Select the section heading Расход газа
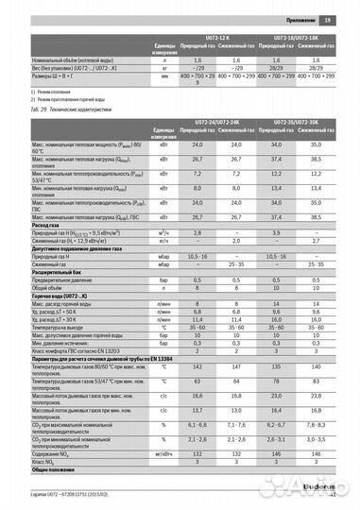(51, 224)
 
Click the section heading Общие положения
(56, 467)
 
